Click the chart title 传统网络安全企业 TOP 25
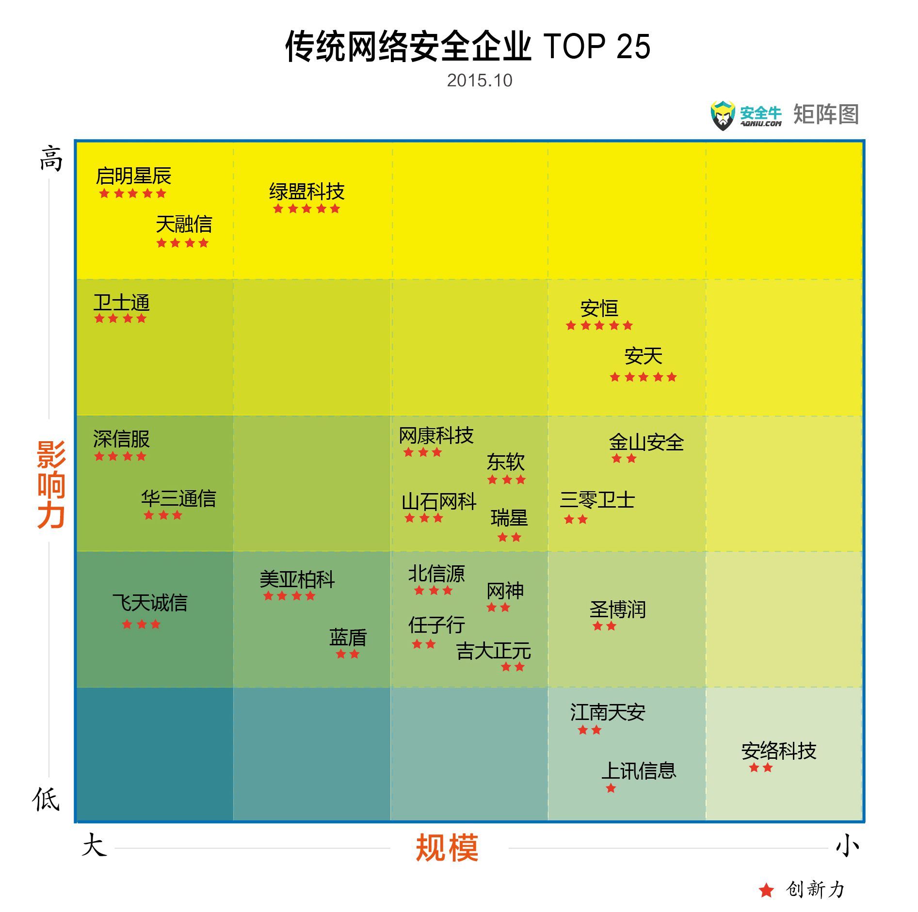point(467,47)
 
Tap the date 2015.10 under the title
point(479,80)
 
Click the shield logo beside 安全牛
point(723,115)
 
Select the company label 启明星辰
point(133,176)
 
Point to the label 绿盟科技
point(306,192)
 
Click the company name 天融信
point(184,224)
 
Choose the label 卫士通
point(121,303)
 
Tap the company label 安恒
point(599,308)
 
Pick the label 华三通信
point(178,498)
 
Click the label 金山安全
point(646,442)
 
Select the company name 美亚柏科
point(297,579)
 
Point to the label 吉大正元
point(493,651)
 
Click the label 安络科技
point(778,751)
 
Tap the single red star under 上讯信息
point(611,788)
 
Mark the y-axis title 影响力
point(51,484)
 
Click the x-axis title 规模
point(447,848)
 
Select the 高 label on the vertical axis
point(51,159)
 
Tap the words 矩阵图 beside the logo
point(826,115)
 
